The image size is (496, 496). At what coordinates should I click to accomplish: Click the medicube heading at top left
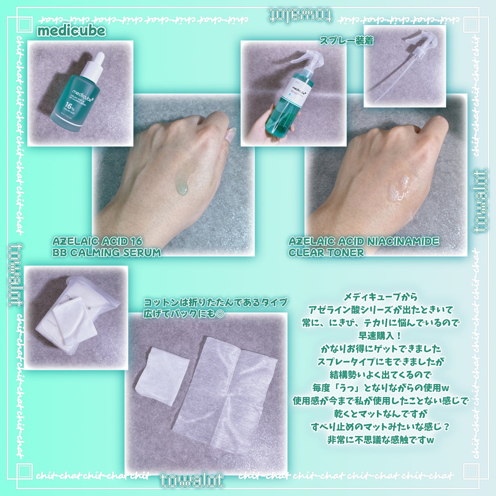pos(71,31)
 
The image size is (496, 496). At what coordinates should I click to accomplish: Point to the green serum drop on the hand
pos(182,186)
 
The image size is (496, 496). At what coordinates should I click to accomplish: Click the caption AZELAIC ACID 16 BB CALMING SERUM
pos(106,247)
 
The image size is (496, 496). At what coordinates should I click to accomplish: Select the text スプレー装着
pos(346,41)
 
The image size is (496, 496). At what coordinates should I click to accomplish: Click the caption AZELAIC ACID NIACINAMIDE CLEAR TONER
pos(363,247)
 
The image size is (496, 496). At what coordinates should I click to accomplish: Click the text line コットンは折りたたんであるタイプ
pos(215,302)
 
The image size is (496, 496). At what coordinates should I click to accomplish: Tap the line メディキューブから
pos(380,297)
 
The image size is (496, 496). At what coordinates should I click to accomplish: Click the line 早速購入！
pos(380,336)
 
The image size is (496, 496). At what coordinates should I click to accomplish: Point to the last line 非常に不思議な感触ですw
pos(380,440)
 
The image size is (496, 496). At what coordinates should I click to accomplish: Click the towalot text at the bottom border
pos(192,481)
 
